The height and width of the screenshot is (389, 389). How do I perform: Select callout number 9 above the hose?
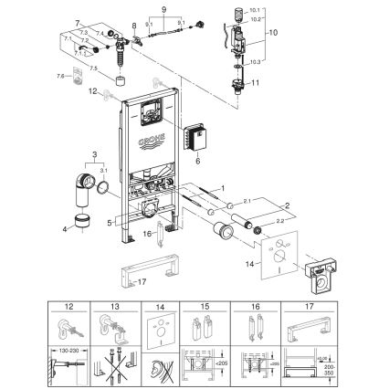164,9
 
